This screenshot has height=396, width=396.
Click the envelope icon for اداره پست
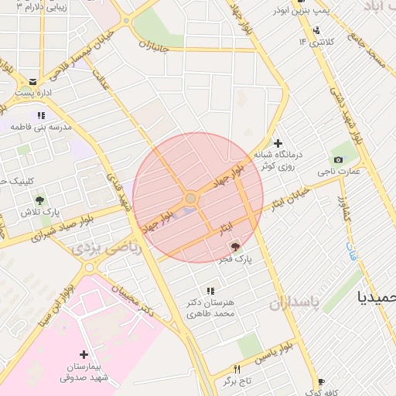click(x=32, y=81)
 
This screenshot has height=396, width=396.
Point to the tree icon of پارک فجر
click(x=235, y=246)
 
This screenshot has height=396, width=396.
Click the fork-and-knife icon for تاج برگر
click(x=237, y=369)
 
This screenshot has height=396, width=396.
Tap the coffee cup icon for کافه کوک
click(x=321, y=382)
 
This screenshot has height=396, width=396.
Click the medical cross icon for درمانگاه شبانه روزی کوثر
click(x=278, y=143)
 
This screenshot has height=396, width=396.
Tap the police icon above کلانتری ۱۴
click(x=316, y=31)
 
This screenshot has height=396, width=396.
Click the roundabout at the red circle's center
click(x=190, y=200)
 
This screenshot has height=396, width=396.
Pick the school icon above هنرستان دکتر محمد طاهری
click(x=210, y=291)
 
